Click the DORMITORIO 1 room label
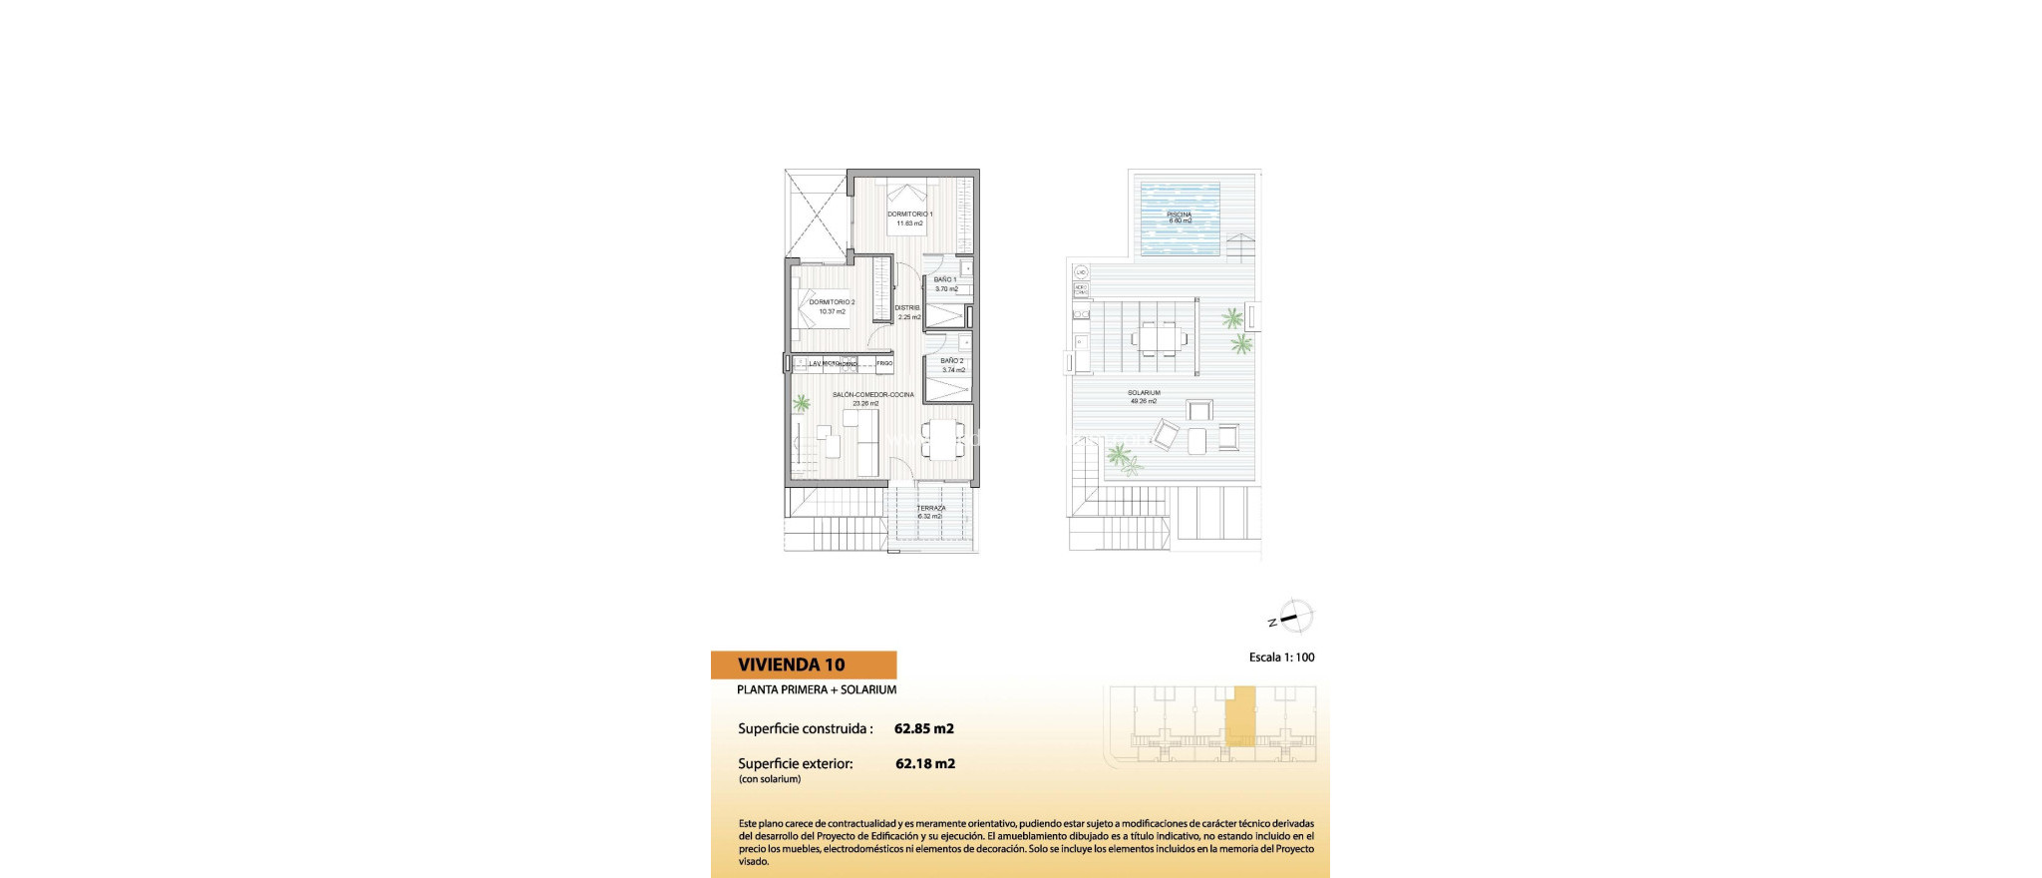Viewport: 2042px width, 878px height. [x=909, y=215]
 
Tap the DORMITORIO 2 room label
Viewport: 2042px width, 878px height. [x=832, y=302]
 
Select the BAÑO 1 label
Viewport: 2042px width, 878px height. [x=945, y=279]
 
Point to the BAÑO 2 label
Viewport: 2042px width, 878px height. [x=952, y=361]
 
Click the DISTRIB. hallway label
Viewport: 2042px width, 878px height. [x=907, y=308]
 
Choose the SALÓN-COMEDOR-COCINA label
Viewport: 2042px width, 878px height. [x=872, y=395]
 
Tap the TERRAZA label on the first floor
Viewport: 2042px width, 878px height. [x=930, y=509]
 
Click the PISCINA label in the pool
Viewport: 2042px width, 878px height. [x=1179, y=215]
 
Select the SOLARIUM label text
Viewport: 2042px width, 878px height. [x=1144, y=393]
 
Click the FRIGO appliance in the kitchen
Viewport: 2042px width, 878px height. [x=884, y=364]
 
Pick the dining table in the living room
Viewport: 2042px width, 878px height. [x=942, y=437]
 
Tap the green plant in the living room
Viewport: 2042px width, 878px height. [x=801, y=403]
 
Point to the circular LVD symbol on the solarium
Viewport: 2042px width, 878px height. [x=1081, y=272]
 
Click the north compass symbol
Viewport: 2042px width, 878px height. [x=1294, y=617]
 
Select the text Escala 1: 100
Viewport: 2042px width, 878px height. [x=1281, y=658]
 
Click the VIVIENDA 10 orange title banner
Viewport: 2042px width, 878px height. [x=803, y=664]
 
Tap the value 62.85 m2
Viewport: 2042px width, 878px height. [x=923, y=728]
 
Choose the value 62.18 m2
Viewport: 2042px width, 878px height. [x=924, y=764]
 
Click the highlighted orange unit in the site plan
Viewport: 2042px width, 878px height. [x=1240, y=716]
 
